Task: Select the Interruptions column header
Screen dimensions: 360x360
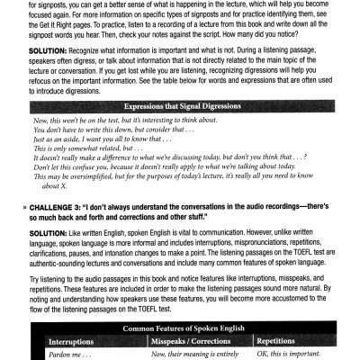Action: (x=80, y=342)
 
